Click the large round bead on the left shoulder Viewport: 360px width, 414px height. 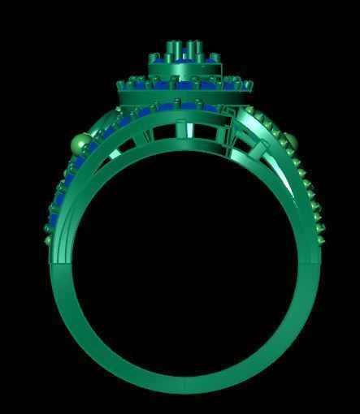pyautogui.click(x=80, y=144)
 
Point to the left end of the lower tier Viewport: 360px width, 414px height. pyautogui.click(x=122, y=95)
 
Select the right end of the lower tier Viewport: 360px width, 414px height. pyautogui.click(x=249, y=94)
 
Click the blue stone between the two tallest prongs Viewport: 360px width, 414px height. pyautogui.click(x=184, y=54)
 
